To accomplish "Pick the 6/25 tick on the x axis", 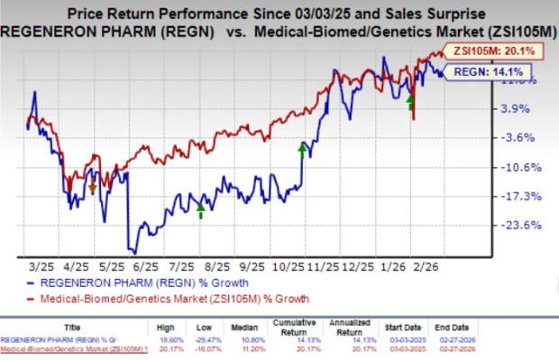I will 145,268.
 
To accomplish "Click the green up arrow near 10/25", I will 302,148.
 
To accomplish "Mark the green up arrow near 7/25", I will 201,210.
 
